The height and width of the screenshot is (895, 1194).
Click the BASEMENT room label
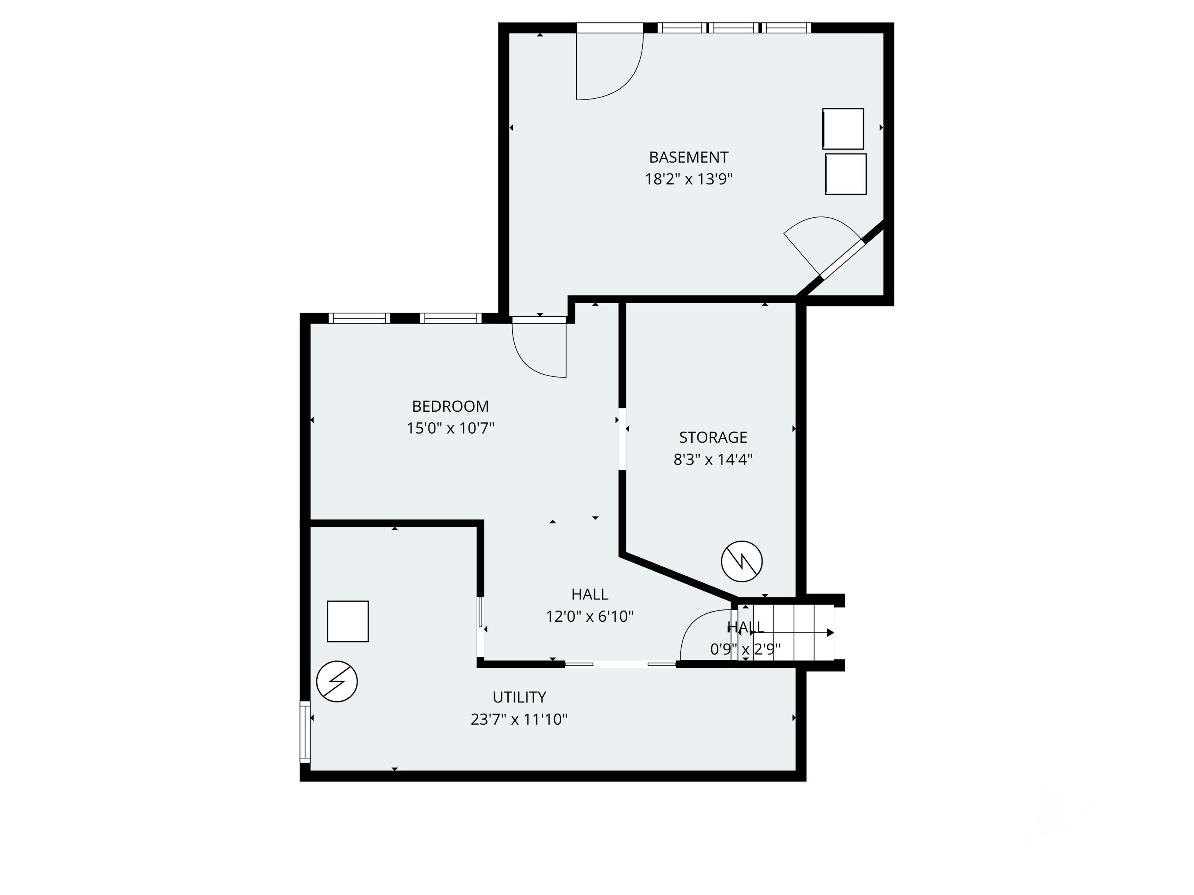[x=688, y=158]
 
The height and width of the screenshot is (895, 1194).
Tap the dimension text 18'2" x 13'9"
[x=688, y=179]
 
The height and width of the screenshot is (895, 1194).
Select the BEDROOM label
[x=450, y=406]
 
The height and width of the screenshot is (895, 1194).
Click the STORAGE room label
[x=712, y=438]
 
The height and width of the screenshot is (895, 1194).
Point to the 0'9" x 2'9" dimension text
[x=745, y=650]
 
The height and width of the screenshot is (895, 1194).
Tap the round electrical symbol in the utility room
[x=337, y=681]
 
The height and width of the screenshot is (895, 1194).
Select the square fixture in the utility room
[x=347, y=621]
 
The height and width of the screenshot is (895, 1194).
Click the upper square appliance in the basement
[x=843, y=128]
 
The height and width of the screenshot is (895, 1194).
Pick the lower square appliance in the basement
[x=846, y=174]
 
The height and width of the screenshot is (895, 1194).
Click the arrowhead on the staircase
[x=830, y=633]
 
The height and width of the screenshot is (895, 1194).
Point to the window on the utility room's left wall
[x=305, y=732]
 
